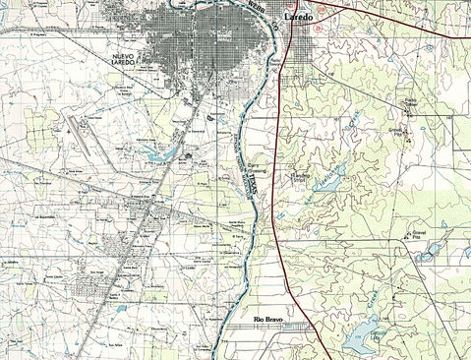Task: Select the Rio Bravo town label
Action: pyautogui.click(x=270, y=320)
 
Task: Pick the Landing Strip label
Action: pyautogui.click(x=293, y=179)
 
